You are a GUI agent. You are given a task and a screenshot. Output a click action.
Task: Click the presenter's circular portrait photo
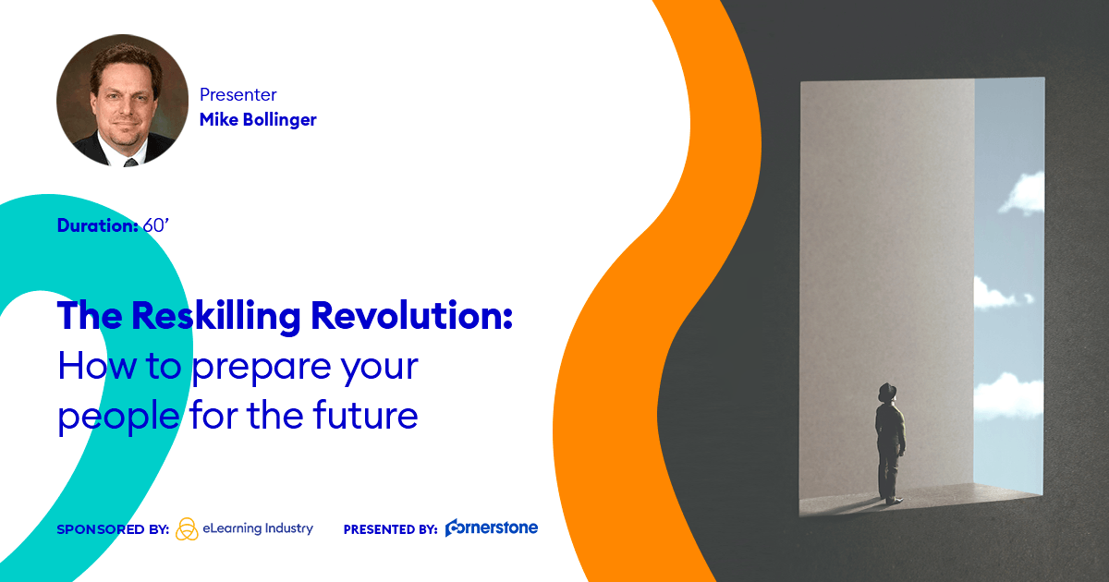(122, 100)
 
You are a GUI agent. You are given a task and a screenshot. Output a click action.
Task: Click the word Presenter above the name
(238, 94)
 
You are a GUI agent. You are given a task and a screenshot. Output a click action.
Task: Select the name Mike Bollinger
(258, 120)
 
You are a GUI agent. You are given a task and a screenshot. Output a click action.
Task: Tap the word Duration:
(98, 225)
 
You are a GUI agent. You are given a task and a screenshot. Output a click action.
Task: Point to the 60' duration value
(156, 225)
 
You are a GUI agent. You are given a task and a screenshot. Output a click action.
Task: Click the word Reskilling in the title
(216, 316)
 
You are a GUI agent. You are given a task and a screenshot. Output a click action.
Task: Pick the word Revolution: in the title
(411, 315)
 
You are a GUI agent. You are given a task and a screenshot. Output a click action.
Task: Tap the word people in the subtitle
(119, 418)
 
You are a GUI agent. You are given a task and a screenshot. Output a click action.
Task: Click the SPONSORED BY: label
(113, 529)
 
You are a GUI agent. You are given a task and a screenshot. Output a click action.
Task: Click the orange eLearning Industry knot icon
(187, 529)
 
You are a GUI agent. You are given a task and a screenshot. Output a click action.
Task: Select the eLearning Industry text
(258, 528)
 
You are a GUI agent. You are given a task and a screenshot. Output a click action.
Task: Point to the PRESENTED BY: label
(391, 529)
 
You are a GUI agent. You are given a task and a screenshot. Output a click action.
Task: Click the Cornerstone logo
(491, 527)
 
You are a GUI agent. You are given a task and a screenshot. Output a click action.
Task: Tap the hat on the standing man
(887, 392)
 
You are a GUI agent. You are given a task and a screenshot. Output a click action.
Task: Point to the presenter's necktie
(130, 163)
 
